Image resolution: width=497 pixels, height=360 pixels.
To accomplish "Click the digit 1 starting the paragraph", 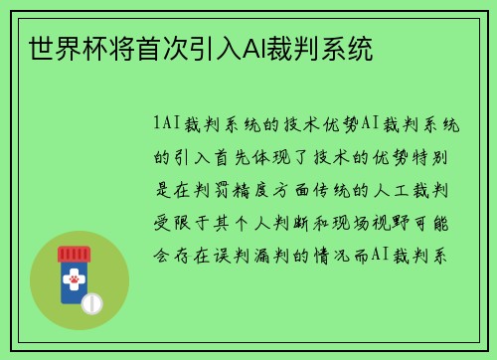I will click(x=157, y=124).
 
